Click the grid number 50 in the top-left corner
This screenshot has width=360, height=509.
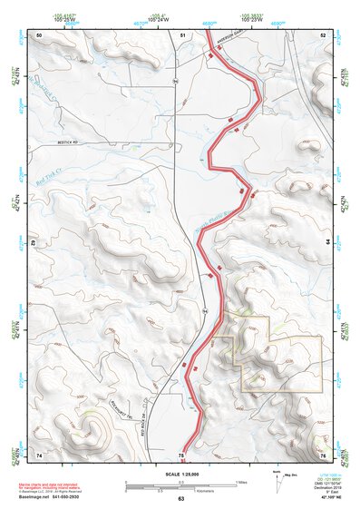coord(38,34)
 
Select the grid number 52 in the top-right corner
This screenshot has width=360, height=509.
coord(324,34)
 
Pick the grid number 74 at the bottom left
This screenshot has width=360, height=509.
coord(38,454)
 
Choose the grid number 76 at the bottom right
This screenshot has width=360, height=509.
coord(323,454)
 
